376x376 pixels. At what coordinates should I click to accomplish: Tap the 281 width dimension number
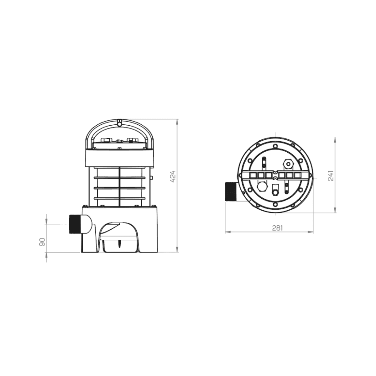click(277, 228)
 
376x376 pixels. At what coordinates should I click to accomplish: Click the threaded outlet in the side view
click(74, 224)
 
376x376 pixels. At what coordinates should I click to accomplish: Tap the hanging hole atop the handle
click(119, 123)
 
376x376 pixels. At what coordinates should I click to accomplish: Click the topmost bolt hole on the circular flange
click(275, 146)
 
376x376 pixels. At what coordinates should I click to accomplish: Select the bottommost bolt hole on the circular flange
click(275, 205)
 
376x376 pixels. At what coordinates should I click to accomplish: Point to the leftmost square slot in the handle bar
click(253, 175)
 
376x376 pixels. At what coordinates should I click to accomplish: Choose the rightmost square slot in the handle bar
click(297, 175)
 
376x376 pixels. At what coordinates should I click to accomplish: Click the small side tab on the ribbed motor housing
click(151, 178)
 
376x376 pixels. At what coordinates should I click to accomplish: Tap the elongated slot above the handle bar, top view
click(264, 162)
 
